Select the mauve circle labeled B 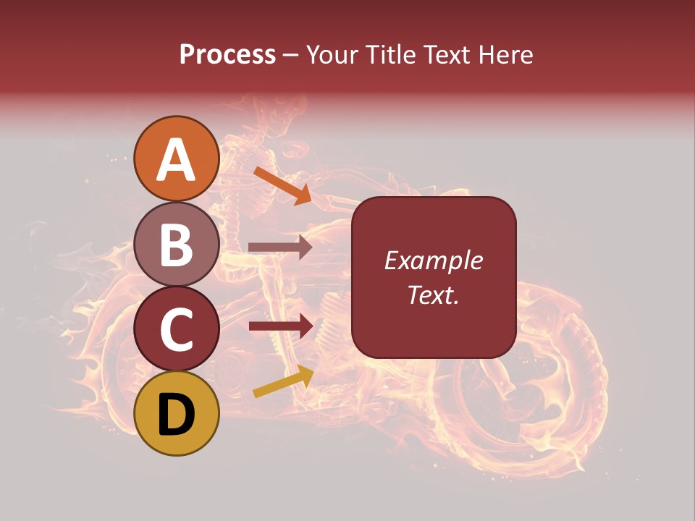[177, 244]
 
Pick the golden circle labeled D [177, 413]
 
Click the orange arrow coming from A [282, 185]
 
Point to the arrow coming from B [280, 247]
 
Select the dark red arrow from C [280, 326]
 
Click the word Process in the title [227, 54]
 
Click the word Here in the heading [506, 54]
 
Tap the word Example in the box [433, 260]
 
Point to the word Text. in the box [433, 295]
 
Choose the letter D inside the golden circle [177, 415]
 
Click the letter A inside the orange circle [177, 160]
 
